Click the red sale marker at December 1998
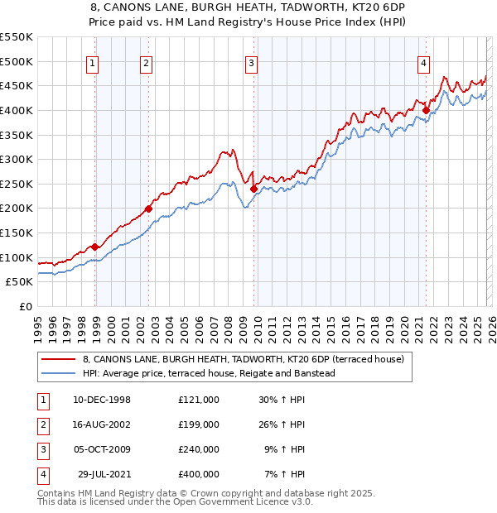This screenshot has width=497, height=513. point(95,247)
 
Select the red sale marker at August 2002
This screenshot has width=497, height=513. point(149,209)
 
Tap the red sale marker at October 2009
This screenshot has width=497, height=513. point(253,189)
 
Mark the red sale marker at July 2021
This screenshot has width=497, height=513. point(426,110)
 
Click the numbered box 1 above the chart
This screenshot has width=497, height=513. point(92,62)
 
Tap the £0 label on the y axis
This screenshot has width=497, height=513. point(25,306)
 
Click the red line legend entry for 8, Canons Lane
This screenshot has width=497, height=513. point(243,359)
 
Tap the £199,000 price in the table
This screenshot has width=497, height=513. point(198,424)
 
